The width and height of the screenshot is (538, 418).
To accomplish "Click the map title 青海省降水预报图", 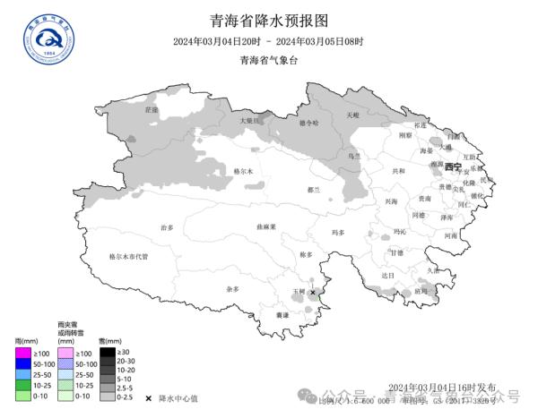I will click(x=268, y=20).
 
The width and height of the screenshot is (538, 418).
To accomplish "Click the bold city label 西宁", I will click(x=452, y=166).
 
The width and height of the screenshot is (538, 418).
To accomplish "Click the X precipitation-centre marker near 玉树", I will click(x=313, y=293).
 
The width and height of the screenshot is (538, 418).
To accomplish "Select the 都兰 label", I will click(x=313, y=190).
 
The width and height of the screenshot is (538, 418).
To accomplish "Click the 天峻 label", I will click(x=352, y=115).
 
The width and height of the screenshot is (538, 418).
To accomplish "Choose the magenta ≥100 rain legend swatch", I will click(x=24, y=354).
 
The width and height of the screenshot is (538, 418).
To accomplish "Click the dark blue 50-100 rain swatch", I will click(x=24, y=364).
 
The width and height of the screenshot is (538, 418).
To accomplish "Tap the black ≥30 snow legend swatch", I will click(x=108, y=352).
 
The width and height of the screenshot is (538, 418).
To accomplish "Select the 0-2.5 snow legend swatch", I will click(x=108, y=396).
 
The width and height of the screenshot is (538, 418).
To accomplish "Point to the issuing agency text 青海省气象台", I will click(x=268, y=60).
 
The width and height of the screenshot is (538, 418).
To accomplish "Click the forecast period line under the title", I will click(x=268, y=41).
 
